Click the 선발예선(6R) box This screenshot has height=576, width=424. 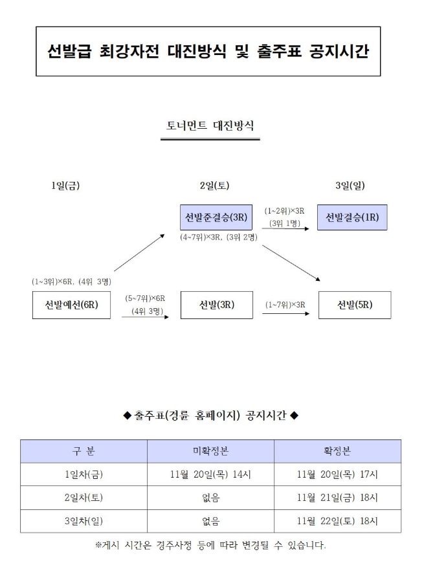(71, 305)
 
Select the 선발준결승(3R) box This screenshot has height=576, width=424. (216, 217)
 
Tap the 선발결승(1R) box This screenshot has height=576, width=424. (352, 217)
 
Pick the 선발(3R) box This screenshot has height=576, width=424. (216, 305)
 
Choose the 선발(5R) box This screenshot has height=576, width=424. (355, 305)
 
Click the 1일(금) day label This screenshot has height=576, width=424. (65, 186)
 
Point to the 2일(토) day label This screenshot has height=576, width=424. (214, 186)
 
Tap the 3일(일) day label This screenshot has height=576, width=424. (350, 186)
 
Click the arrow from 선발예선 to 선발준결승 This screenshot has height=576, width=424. (140, 253)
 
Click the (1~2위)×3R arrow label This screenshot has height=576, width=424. (284, 211)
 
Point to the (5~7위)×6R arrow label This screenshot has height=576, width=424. (145, 298)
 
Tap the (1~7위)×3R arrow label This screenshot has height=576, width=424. (285, 305)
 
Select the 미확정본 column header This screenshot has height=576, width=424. (210, 451)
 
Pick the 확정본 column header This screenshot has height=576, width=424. (337, 451)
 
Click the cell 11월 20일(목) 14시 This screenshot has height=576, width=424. (210, 474)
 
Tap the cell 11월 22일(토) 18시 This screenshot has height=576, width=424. (337, 521)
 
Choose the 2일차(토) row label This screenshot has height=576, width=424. (84, 498)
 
